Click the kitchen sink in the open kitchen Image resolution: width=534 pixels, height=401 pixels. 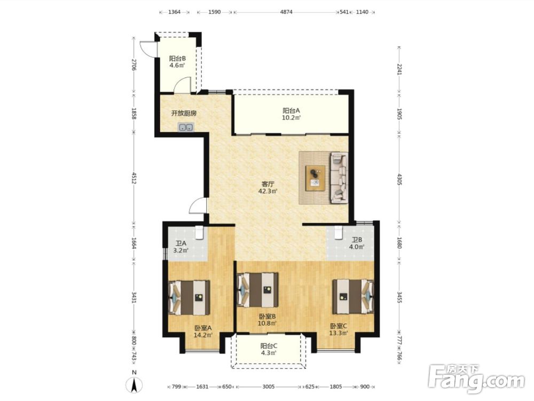coord(186,128)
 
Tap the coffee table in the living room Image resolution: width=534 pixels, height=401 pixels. coord(316,178)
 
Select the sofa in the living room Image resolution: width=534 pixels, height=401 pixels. coord(339,178)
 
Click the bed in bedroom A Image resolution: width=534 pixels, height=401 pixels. coord(189,298)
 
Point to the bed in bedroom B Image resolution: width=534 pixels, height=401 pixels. coord(258,290)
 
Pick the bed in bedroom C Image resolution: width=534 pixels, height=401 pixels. coord(353,297)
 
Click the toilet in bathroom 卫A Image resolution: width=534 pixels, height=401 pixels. coord(199,233)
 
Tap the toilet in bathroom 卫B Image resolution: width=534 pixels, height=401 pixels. coord(338,233)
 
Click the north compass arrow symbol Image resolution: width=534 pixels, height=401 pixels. coord(135,385)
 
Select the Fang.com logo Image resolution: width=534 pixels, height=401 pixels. coord(476,379)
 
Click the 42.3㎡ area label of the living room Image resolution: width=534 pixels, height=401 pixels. coord(268,191)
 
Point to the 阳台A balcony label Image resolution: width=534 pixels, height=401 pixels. coord(291,111)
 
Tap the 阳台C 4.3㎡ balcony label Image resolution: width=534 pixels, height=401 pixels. coord(269,350)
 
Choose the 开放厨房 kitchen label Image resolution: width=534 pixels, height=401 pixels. coord(184,113)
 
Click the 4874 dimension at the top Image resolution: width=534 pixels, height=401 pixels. coord(286,12)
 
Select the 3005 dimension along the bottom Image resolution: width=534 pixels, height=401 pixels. coord(269,387)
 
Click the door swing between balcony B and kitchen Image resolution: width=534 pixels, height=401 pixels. coord(182,85)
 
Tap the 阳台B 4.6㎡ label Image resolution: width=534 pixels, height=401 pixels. coord(177,61)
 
